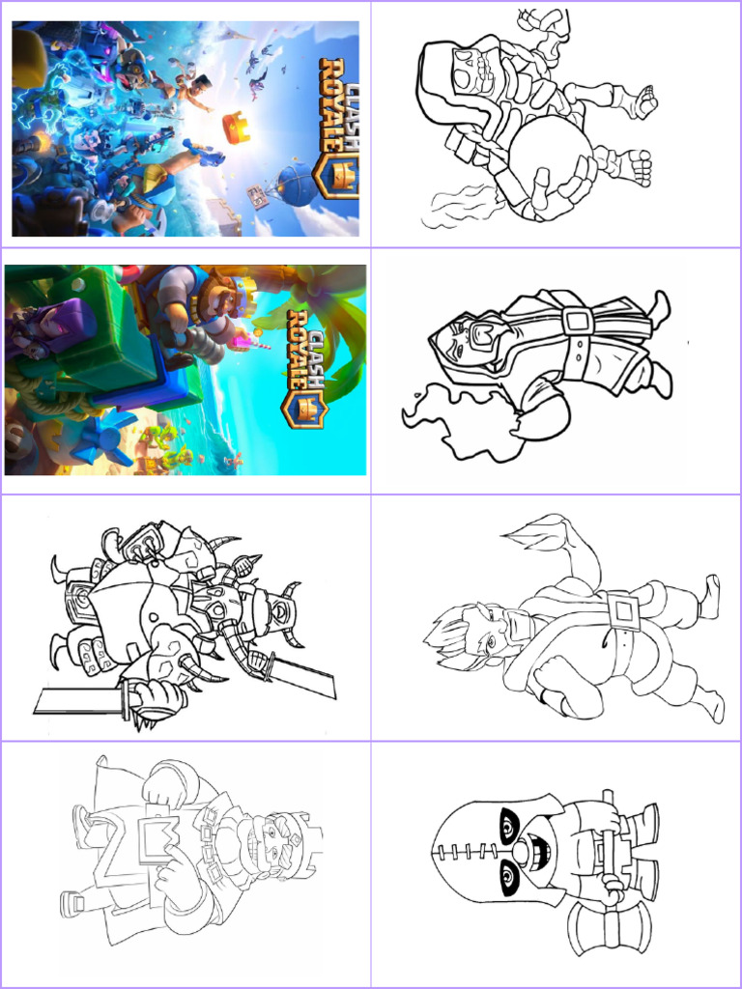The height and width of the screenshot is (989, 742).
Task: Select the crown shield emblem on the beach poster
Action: [x=307, y=409]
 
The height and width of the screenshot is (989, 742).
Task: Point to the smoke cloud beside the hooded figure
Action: [x=461, y=419]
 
